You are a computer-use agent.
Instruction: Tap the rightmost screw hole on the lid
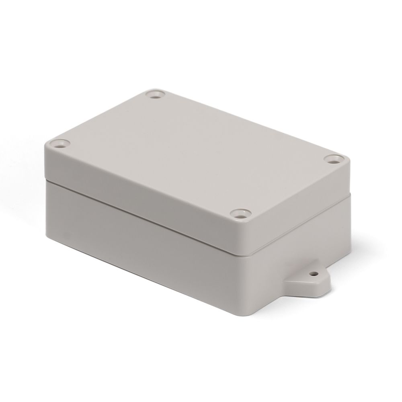[x=332, y=159]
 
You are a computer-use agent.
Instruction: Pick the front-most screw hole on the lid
[x=240, y=213]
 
